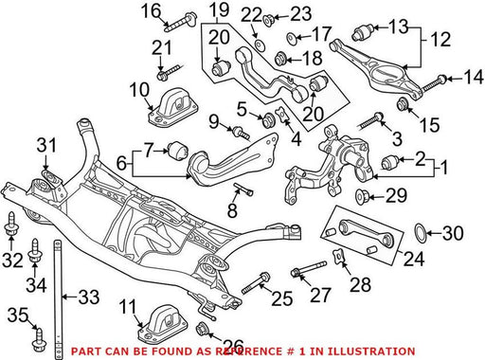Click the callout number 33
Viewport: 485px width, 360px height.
point(89,297)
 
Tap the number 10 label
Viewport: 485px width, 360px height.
point(139,90)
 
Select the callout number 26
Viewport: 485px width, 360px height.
point(234,343)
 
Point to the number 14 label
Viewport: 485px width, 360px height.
point(474,78)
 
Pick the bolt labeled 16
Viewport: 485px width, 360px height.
point(181,22)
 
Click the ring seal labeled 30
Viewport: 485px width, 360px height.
point(421,233)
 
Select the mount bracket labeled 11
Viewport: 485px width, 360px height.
point(162,324)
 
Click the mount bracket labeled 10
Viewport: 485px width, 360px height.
point(173,107)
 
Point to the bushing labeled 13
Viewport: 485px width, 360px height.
point(363,32)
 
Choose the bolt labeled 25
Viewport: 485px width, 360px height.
point(255,283)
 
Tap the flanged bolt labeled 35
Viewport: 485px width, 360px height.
point(38,340)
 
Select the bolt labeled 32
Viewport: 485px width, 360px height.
point(11,224)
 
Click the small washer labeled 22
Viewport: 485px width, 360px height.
point(260,45)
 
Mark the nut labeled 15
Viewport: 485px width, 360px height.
point(403,104)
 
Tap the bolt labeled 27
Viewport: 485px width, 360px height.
point(309,269)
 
